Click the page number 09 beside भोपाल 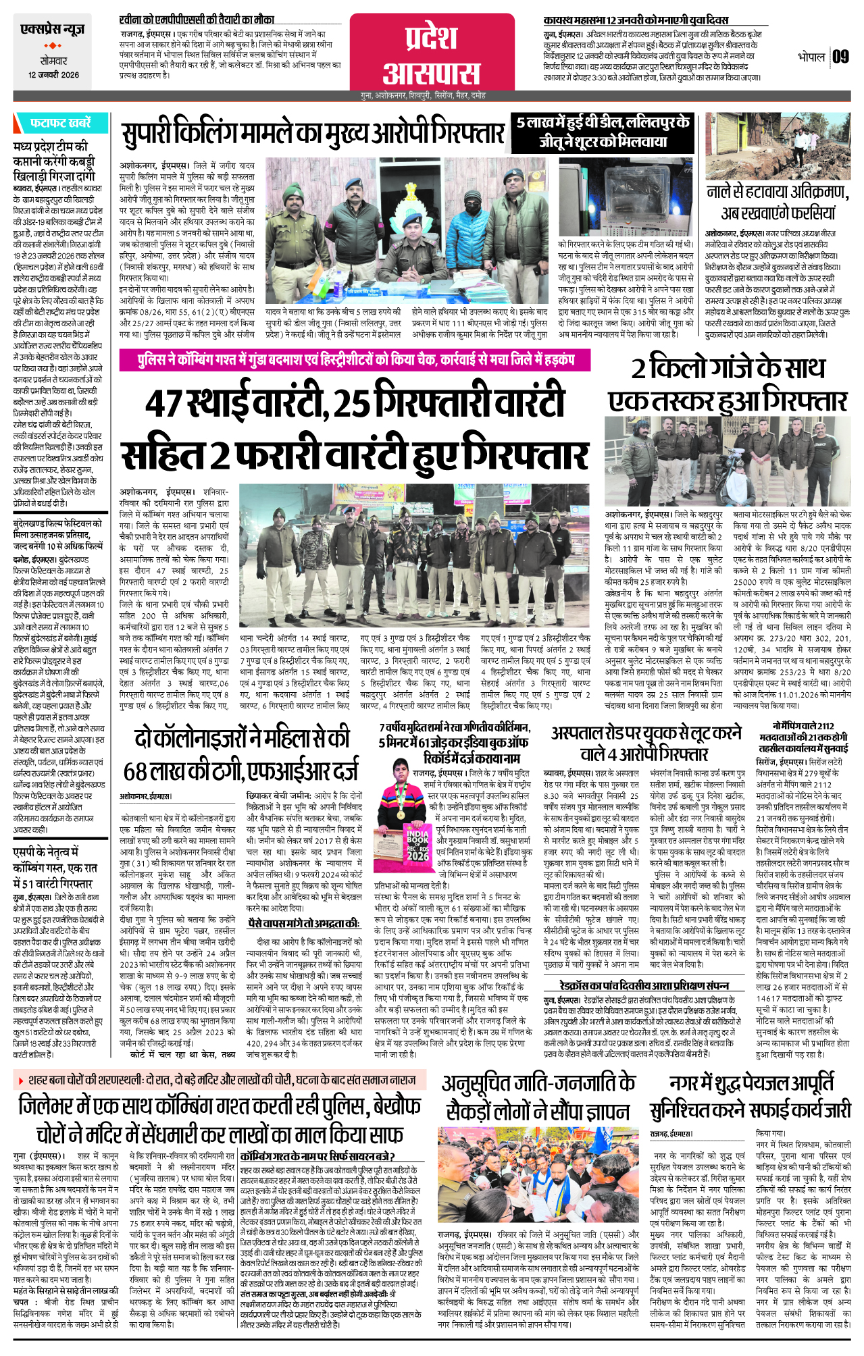pyautogui.click(x=840, y=57)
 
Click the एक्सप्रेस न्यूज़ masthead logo pyautogui.click(x=53, y=30)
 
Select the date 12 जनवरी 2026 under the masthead pyautogui.click(x=53, y=75)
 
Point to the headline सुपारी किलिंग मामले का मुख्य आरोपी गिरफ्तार pyautogui.click(x=313, y=134)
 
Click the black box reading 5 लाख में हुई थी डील pyautogui.click(x=603, y=132)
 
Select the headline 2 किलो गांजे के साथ pyautogui.click(x=728, y=369)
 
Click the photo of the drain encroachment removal pyautogui.click(x=777, y=147)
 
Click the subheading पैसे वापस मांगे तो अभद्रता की pyautogui.click(x=303, y=923)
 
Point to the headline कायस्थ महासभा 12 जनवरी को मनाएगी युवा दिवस pyautogui.click(x=636, y=20)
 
